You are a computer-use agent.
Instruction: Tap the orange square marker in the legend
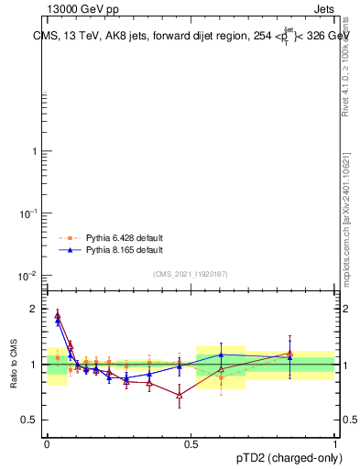click(x=71, y=236)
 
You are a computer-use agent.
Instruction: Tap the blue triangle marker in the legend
click(x=71, y=249)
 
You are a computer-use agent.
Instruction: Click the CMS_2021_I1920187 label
click(x=191, y=274)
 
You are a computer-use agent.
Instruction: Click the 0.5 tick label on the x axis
click(x=191, y=443)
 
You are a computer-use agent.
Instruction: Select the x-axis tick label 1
click(x=335, y=443)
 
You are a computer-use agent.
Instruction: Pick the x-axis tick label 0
click(x=46, y=443)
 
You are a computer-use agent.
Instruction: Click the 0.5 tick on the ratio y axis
click(x=30, y=420)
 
